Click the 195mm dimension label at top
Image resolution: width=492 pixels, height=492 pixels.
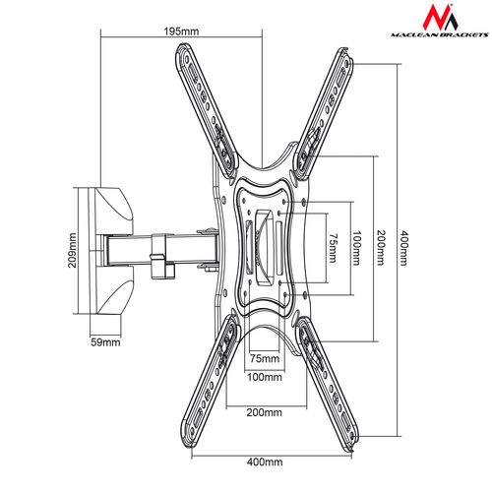click(x=181, y=31)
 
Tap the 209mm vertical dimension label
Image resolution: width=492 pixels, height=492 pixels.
click(x=72, y=250)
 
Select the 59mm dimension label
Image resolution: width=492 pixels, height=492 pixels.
click(x=105, y=342)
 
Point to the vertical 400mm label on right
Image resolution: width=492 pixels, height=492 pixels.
click(x=404, y=248)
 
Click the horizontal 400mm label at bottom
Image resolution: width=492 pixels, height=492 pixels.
click(x=265, y=462)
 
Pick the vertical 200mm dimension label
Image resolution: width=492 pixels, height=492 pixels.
click(x=380, y=248)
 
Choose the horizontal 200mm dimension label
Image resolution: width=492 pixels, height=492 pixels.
click(x=265, y=412)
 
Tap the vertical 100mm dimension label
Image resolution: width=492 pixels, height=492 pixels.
click(x=356, y=248)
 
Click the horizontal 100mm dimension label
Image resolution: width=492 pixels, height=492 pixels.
click(x=265, y=377)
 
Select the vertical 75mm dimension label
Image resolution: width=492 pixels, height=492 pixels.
click(x=333, y=248)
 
